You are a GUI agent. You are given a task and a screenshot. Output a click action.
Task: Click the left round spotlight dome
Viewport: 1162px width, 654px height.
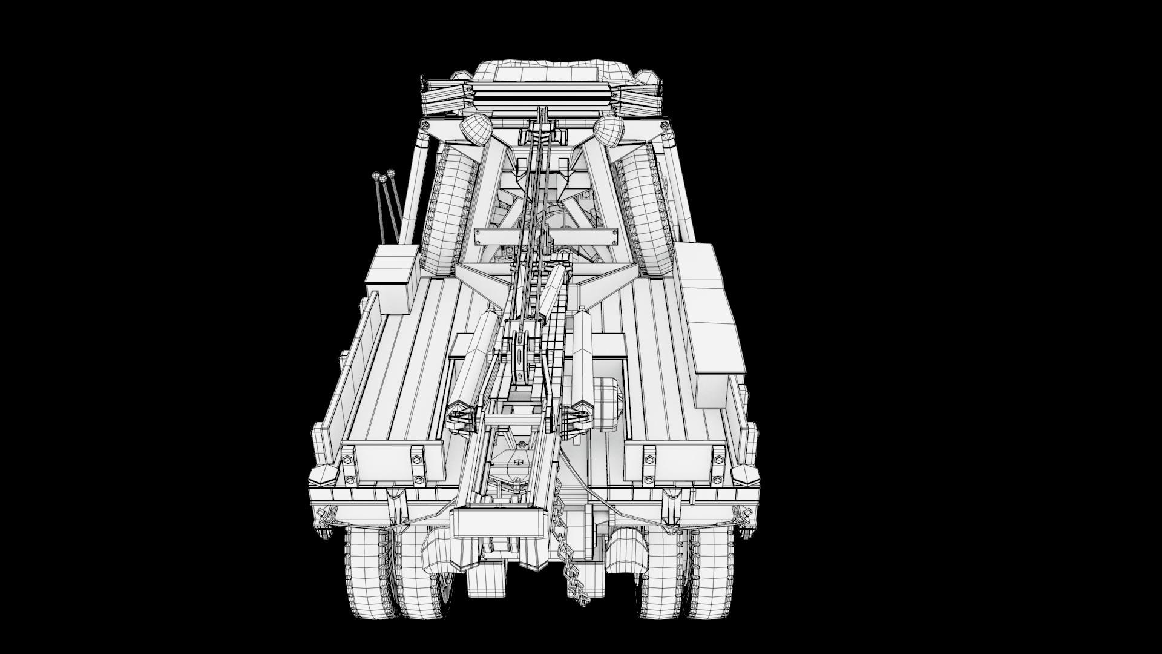(x=475, y=131)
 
